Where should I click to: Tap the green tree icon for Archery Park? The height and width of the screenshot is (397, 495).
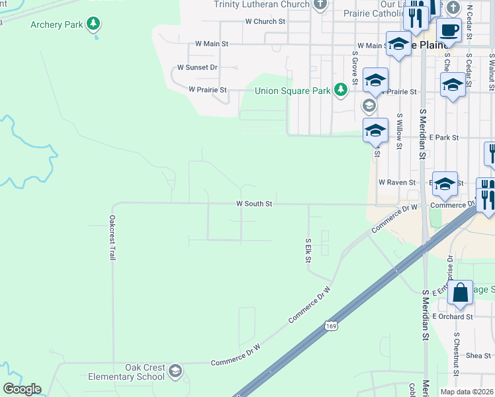click(94, 24)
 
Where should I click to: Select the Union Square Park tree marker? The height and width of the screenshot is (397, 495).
click(341, 89)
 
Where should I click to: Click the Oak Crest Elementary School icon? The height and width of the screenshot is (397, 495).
click(175, 369)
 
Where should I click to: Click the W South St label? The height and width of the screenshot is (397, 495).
click(255, 204)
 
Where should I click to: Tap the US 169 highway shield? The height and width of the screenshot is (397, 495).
click(331, 326)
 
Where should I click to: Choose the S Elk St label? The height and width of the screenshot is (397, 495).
click(308, 249)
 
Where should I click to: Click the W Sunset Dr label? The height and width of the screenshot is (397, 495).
click(197, 67)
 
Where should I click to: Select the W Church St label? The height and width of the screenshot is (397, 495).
click(265, 21)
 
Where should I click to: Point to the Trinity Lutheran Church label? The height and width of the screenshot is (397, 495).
click(261, 5)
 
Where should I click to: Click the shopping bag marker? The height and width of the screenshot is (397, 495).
click(460, 292)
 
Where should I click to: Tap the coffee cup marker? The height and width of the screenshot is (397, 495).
click(449, 30)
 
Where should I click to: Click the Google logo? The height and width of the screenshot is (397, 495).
click(22, 389)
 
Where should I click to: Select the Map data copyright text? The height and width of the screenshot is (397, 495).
click(467, 392)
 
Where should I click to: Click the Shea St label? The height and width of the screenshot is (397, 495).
click(478, 355)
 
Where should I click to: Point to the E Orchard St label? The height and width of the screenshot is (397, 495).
click(453, 317)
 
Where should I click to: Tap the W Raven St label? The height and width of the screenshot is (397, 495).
click(397, 182)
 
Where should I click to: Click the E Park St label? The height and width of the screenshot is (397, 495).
click(444, 138)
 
